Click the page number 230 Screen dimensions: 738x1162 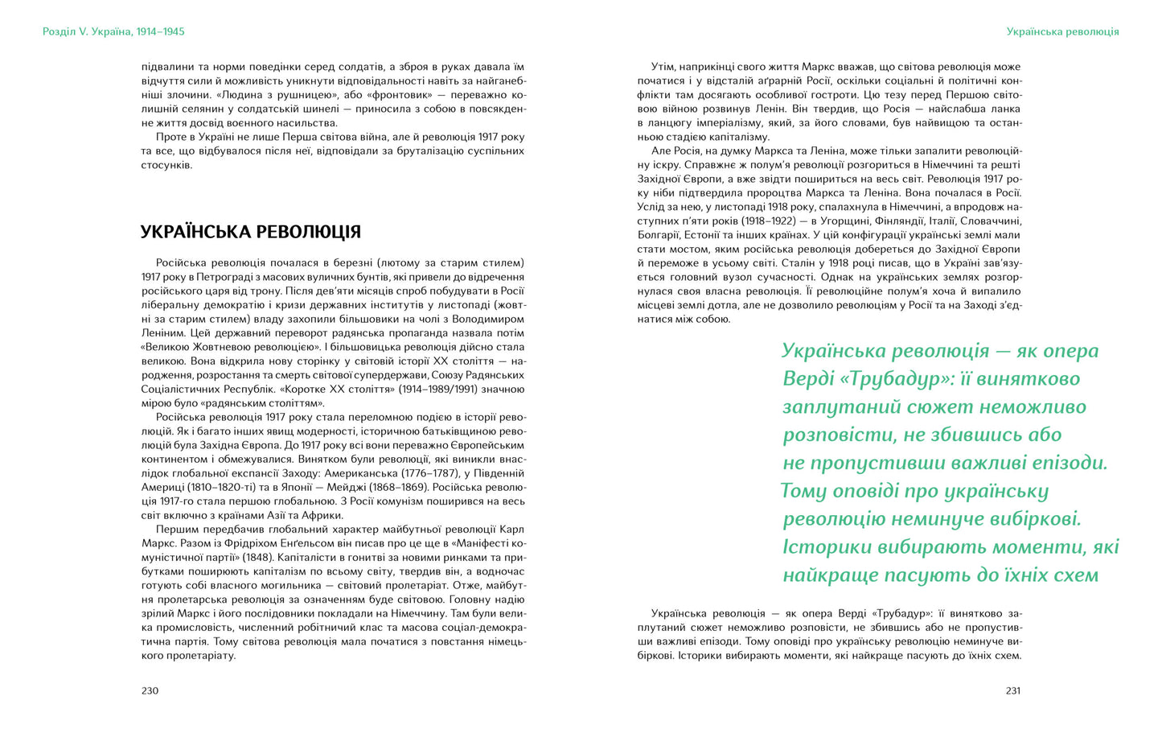pyautogui.click(x=150, y=691)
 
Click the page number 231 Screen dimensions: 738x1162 pyautogui.click(x=1012, y=691)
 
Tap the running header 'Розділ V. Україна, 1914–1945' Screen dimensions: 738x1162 pyautogui.click(x=113, y=31)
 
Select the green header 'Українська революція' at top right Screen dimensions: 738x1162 pyautogui.click(x=1062, y=31)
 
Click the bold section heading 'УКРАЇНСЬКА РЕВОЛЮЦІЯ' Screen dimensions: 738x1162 pyautogui.click(x=251, y=232)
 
